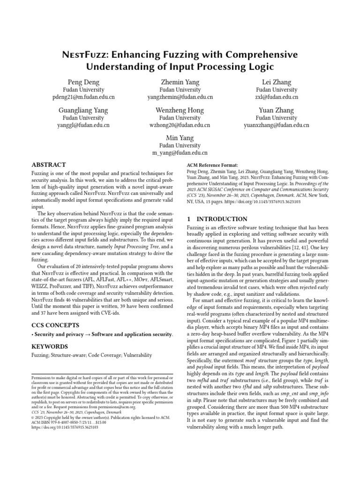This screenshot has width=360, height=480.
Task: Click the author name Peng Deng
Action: pyautogui.click(x=83, y=82)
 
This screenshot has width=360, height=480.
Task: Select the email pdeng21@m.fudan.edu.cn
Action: pyautogui.click(x=83, y=97)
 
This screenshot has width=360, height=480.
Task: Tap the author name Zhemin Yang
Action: pyautogui.click(x=180, y=82)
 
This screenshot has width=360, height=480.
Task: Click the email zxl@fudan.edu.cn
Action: pyautogui.click(x=277, y=97)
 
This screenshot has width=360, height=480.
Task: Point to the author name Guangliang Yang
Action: pyautogui.click(x=83, y=110)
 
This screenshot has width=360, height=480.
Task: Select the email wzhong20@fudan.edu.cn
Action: pyautogui.click(x=180, y=126)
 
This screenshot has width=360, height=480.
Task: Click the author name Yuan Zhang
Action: pyautogui.click(x=277, y=110)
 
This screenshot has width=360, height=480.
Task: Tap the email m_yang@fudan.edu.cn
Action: pyautogui.click(x=180, y=153)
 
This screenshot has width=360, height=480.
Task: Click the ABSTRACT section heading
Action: pyautogui.click(x=48, y=165)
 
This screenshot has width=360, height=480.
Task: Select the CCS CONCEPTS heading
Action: pyautogui.click(x=56, y=324)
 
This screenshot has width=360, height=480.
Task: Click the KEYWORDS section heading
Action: pyautogui.click(x=50, y=346)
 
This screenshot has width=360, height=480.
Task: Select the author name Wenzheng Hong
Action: pyautogui.click(x=180, y=110)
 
